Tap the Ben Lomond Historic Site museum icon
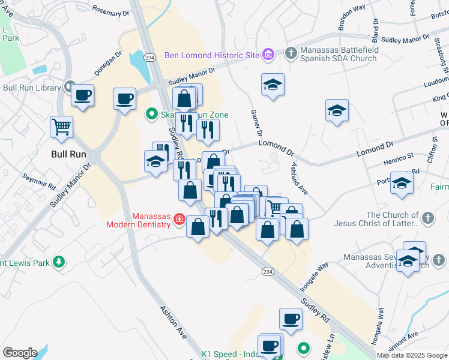268,55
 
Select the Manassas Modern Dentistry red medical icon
178,221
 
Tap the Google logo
20,353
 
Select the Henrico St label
399,160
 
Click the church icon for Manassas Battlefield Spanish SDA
291,53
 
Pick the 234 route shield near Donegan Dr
150,57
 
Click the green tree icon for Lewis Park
59,262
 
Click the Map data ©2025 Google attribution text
412,355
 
